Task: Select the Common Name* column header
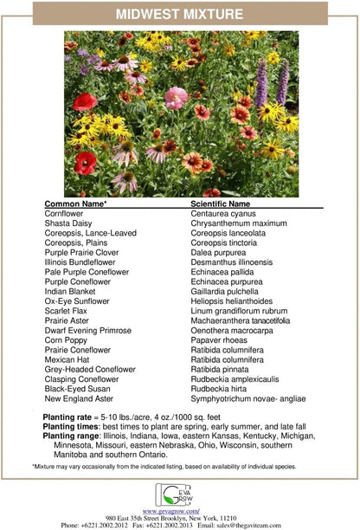point(76,204)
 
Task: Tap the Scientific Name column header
point(222,204)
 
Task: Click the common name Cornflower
point(64,213)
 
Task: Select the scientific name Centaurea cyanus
point(228,213)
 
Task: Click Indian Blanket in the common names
point(72,292)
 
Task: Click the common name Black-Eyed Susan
point(77,390)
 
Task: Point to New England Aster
point(79,399)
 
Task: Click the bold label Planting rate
point(68,417)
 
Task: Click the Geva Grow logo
point(179,494)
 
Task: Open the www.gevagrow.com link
point(180,511)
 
